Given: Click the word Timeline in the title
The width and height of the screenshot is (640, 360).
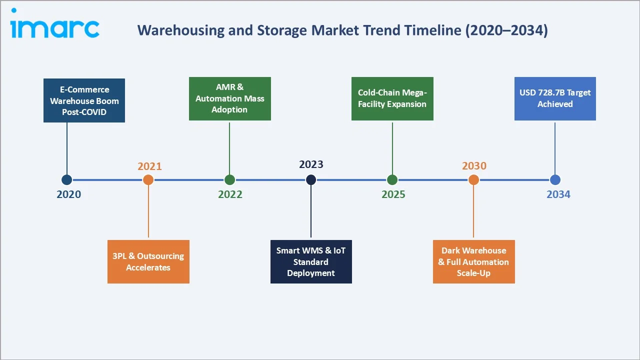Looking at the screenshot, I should [433, 30].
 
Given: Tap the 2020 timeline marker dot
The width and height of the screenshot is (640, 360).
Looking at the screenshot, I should [66, 180].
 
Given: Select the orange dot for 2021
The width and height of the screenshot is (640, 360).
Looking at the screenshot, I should [148, 180].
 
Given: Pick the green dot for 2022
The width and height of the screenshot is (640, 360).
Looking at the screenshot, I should [229, 180].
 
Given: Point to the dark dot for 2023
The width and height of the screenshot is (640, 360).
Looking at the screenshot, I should [311, 180].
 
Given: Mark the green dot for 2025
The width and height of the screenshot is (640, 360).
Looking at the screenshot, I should [392, 180].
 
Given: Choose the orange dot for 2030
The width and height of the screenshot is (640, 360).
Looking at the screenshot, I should [473, 180].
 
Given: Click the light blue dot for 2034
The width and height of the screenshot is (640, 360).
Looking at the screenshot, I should [555, 180].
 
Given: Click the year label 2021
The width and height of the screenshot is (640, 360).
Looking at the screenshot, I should [149, 166].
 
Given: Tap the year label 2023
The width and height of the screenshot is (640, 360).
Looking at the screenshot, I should [311, 164].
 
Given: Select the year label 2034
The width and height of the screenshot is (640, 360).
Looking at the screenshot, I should [558, 194].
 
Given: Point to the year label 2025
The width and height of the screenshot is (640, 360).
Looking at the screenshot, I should [393, 194].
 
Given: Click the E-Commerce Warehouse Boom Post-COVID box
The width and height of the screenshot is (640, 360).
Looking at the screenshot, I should [84, 100].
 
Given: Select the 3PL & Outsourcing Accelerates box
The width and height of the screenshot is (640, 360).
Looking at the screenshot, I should [148, 261].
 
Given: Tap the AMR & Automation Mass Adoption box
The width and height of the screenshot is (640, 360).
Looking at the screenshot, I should [229, 98].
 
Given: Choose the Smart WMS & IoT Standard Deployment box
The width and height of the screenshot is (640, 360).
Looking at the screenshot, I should [311, 261].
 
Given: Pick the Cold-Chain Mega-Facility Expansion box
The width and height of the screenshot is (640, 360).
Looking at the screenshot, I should [392, 98].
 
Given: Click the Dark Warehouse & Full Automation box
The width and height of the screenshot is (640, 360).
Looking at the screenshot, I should [473, 261].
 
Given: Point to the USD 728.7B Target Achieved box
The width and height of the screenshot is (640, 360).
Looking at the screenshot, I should [555, 98].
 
